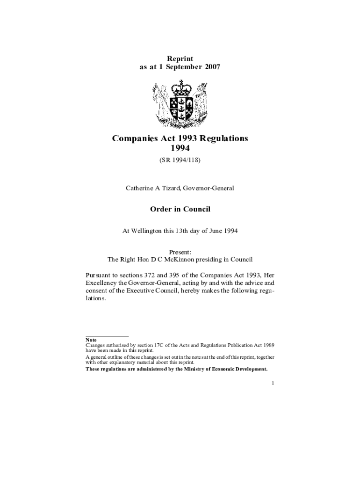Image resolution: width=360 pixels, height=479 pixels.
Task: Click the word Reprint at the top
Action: (180, 58)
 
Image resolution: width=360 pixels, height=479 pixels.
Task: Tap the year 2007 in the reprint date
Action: (211, 67)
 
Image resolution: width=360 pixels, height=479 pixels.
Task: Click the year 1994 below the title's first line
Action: (180, 148)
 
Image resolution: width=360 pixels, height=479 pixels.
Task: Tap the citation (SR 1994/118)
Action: (180, 160)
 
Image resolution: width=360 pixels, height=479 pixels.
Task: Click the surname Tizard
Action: (170, 188)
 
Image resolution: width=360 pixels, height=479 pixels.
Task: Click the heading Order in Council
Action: (180, 209)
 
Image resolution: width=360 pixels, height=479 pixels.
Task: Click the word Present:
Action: (180, 252)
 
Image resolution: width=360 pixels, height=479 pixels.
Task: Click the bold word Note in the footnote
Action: (91, 340)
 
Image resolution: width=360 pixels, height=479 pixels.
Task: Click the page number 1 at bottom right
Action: (273, 384)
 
